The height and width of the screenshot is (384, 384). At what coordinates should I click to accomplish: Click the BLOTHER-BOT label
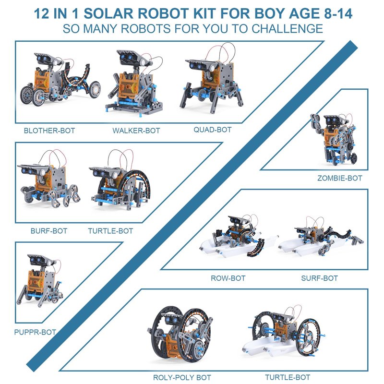pos(49,131)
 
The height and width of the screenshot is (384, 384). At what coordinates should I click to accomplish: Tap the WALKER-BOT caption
pos(136,131)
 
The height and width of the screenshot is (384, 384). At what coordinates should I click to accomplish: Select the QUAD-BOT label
pos(213,130)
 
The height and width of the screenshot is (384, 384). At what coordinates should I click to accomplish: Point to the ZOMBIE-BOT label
pos(340,178)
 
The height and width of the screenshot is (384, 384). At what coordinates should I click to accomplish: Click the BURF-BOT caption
pos(49,231)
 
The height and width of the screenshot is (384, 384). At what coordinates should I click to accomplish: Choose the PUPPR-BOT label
pos(35,332)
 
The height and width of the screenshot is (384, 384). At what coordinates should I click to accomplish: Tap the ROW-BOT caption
pos(228,278)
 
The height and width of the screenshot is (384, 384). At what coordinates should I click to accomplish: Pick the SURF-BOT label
pos(319,278)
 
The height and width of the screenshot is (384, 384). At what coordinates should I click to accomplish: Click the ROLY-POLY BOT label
pos(182,377)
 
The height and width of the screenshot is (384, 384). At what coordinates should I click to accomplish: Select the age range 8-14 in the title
pos(338,13)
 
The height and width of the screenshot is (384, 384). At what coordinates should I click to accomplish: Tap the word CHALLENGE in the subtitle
pos(287,29)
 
